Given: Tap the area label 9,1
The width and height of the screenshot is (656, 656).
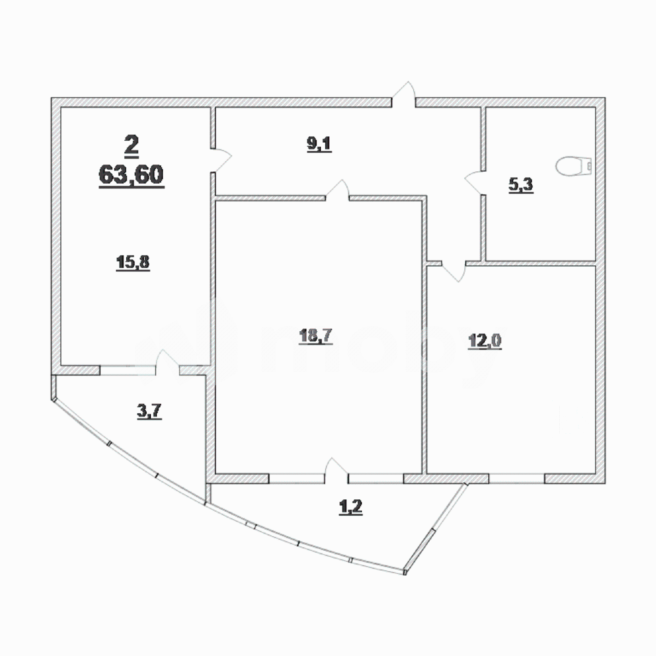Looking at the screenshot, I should (319, 144).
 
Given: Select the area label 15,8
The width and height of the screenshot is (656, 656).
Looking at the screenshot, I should (133, 262).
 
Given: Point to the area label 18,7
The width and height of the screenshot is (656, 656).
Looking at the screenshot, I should (315, 336).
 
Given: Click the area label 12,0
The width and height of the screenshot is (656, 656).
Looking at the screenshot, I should (485, 340).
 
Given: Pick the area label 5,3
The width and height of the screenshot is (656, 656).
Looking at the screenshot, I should (521, 184).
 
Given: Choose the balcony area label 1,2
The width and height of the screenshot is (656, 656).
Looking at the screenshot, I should (351, 507).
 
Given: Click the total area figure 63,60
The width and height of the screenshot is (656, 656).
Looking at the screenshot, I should (131, 175).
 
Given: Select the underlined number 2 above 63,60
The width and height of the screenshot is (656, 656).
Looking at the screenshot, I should (131, 145).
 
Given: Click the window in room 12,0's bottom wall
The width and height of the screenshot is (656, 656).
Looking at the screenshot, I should (517, 478).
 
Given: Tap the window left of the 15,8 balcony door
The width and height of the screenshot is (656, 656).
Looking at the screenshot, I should (128, 370).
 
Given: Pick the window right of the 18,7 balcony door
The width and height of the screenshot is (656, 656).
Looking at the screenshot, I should (376, 478).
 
